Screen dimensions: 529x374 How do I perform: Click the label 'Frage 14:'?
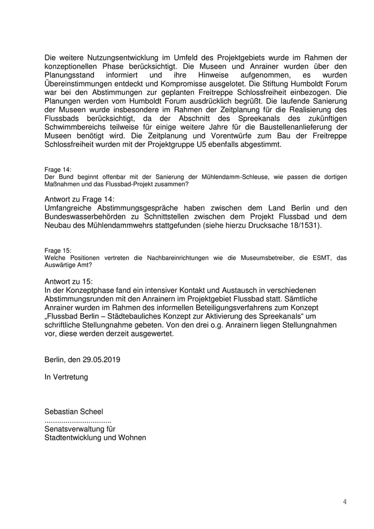(58, 169)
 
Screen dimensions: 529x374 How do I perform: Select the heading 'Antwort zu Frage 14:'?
(79, 198)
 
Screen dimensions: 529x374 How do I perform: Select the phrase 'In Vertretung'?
(66, 377)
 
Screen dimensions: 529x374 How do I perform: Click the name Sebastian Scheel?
(74, 411)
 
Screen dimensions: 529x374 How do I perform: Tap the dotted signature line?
(77, 420)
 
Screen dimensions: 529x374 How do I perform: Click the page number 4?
(345, 502)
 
